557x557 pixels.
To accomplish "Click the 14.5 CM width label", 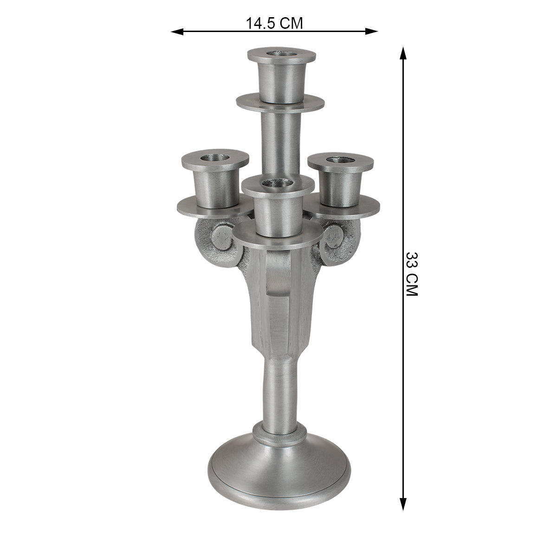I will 274,23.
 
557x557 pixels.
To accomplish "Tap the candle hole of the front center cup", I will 278,184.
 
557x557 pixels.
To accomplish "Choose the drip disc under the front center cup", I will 278,240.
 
